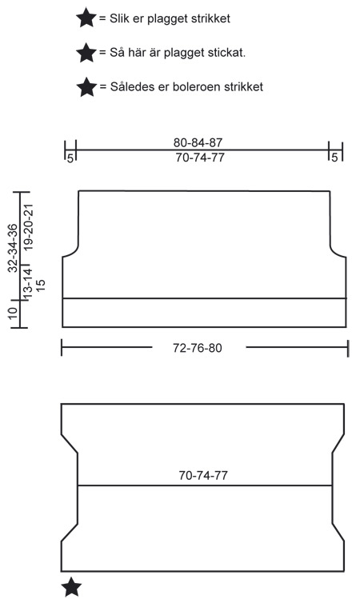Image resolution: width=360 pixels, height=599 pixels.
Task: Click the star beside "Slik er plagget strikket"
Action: (x=86, y=18)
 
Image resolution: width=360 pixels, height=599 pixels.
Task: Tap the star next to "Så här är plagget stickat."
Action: (x=86, y=52)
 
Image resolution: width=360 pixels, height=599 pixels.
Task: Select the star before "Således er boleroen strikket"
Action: (x=86, y=87)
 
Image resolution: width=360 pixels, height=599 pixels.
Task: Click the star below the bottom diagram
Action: (x=71, y=587)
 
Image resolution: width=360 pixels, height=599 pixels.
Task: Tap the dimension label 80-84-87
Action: (x=198, y=142)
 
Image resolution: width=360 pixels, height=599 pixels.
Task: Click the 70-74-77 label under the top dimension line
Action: (x=199, y=157)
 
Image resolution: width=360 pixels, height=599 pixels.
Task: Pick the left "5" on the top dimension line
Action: (x=70, y=158)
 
